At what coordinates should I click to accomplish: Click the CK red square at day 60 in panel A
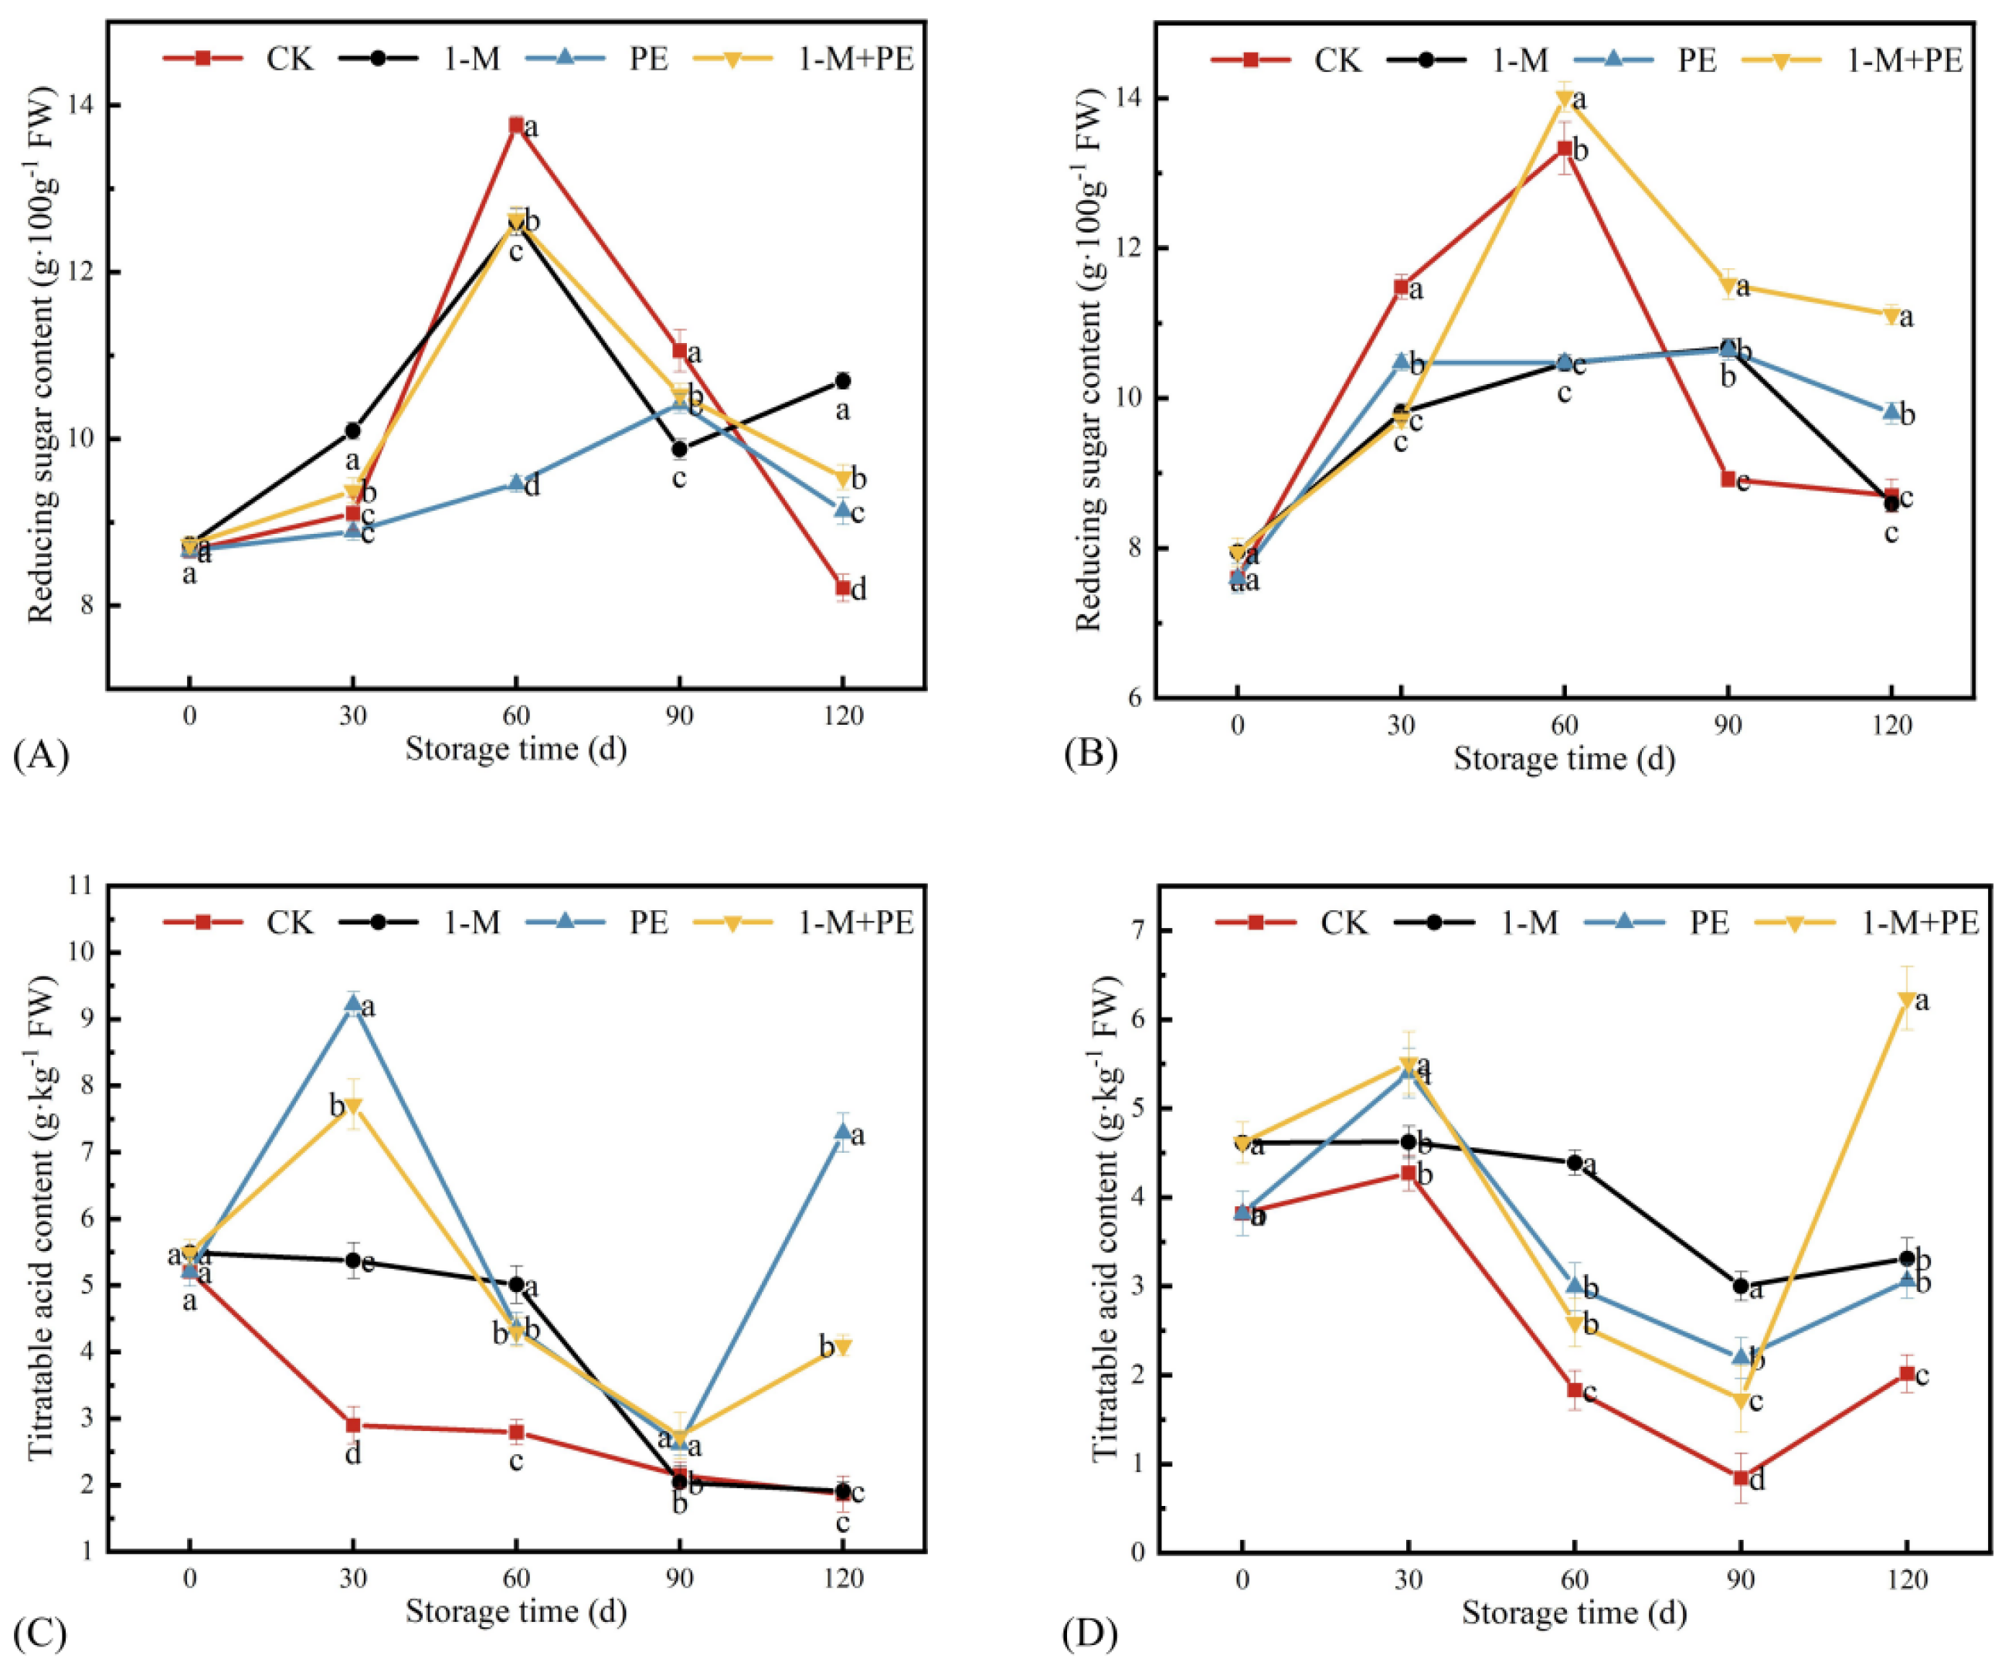516,124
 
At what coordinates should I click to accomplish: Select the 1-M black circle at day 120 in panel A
842,380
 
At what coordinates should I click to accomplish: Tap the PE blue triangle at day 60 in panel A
516,482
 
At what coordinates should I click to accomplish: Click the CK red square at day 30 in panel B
1401,287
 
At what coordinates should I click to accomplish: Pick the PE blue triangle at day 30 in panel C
354,1003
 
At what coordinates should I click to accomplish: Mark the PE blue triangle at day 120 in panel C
842,1131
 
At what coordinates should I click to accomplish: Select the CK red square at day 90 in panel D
1741,1478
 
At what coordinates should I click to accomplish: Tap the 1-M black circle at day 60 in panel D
1574,1162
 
